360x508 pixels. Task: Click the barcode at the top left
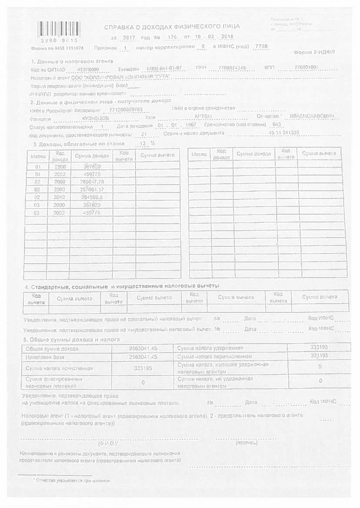[x=54, y=30]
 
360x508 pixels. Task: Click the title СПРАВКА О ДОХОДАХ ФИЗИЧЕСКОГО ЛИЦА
[x=172, y=27]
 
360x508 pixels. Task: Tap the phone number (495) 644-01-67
[x=164, y=68]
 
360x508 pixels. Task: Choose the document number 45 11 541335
[x=284, y=133]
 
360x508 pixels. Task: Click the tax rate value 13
[x=143, y=143]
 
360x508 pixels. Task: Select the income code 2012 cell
[x=60, y=197]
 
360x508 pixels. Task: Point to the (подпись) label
[x=246, y=443]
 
